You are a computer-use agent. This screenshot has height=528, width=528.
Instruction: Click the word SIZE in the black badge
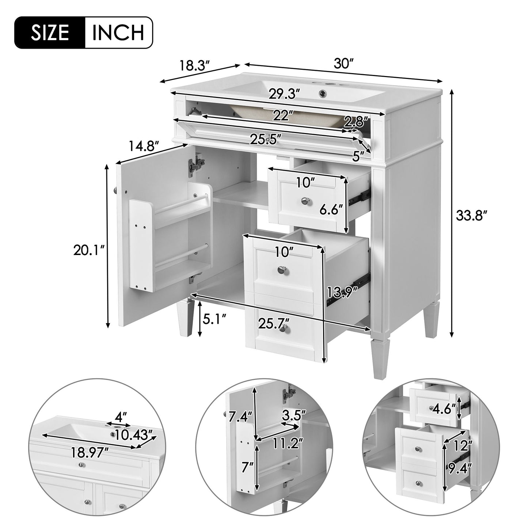[x=50, y=33]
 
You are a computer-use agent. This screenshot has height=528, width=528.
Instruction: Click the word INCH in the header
[x=118, y=33]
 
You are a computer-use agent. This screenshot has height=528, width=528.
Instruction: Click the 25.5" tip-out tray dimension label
[x=266, y=139]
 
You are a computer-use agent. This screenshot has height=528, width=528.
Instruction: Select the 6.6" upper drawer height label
[x=331, y=210]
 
